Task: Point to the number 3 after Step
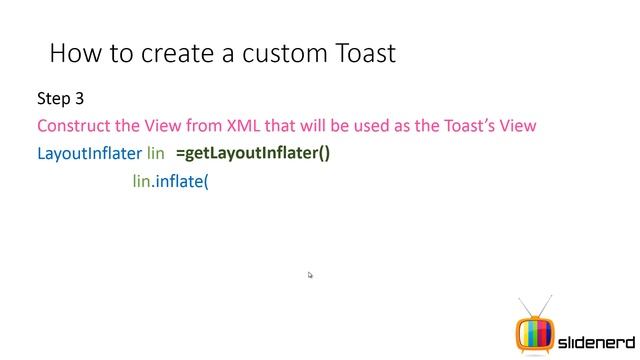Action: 79,99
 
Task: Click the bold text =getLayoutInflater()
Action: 252,154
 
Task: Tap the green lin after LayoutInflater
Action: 155,154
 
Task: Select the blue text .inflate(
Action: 180,182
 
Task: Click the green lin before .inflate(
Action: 141,182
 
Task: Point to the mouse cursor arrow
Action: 310,275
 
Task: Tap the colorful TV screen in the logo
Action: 534,334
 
